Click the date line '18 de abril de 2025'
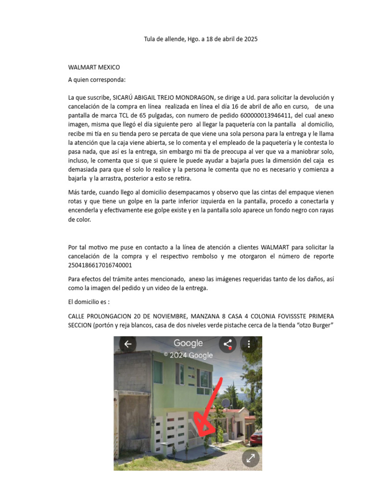click(x=229, y=39)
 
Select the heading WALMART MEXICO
click(x=94, y=67)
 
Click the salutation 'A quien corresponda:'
click(x=97, y=80)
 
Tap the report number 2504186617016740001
click(x=100, y=265)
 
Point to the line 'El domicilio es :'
click(x=89, y=302)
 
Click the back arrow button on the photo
click(x=127, y=344)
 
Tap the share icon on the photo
click(x=227, y=344)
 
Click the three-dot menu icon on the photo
click(x=249, y=344)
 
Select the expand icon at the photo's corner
click(x=250, y=458)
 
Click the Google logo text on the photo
click(x=188, y=343)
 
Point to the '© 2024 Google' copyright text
click(x=188, y=355)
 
